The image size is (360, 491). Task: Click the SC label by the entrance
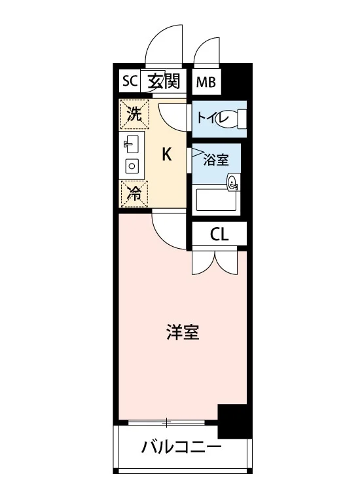pyautogui.click(x=130, y=81)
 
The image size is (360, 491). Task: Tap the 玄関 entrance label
pyautogui.click(x=164, y=81)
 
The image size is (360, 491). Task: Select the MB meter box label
pyautogui.click(x=206, y=82)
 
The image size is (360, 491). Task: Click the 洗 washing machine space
pyautogui.click(x=135, y=114)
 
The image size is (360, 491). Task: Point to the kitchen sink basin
pyautogui.click(x=132, y=145)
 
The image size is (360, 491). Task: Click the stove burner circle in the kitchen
pyautogui.click(x=132, y=166)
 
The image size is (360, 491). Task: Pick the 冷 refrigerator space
pyautogui.click(x=134, y=194)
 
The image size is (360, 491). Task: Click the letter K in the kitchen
pyautogui.click(x=166, y=155)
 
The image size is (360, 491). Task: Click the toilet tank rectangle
pyautogui.click(x=242, y=118)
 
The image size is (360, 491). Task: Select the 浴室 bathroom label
pyautogui.click(x=216, y=160)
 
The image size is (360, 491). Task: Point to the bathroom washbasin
pyautogui.click(x=233, y=182)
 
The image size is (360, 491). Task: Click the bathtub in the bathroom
pyautogui.click(x=216, y=200)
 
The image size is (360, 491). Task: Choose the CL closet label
pyautogui.click(x=219, y=234)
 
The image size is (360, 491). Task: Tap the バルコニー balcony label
pyautogui.click(x=181, y=446)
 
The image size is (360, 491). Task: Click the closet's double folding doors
pyautogui.click(x=215, y=261)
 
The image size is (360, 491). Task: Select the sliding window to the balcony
pyautogui.click(x=166, y=422)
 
